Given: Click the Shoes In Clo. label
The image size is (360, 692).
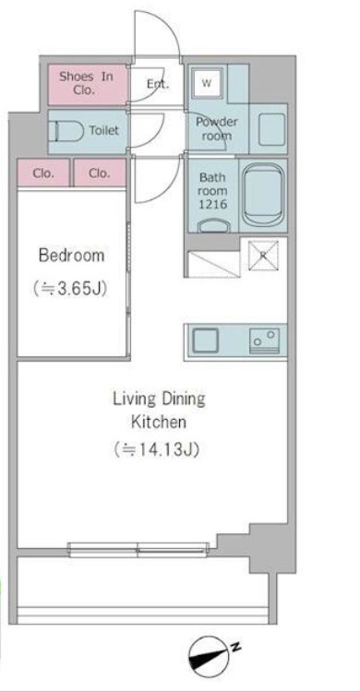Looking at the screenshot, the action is (86, 83).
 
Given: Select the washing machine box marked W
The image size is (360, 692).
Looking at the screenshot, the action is (207, 82).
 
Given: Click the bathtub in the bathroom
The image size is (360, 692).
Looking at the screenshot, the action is (263, 194).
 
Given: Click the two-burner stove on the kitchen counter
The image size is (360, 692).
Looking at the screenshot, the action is (265, 340).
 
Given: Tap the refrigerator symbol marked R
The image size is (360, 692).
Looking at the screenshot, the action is (263, 255).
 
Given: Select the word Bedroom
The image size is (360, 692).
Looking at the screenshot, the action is (72, 255).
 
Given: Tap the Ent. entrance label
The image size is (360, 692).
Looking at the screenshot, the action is (158, 84).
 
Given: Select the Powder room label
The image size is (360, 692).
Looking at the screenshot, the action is (216, 129).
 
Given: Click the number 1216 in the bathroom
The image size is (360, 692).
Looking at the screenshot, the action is (213, 204).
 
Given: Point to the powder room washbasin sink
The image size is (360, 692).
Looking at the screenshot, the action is (271, 129).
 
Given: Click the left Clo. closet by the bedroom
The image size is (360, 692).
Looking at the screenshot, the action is (43, 173).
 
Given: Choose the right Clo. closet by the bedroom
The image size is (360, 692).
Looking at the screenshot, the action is (100, 173).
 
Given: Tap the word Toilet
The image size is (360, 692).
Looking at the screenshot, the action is (104, 131).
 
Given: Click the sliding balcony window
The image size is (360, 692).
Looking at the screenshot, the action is (138, 550).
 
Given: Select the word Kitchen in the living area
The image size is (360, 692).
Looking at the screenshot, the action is (158, 423).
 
